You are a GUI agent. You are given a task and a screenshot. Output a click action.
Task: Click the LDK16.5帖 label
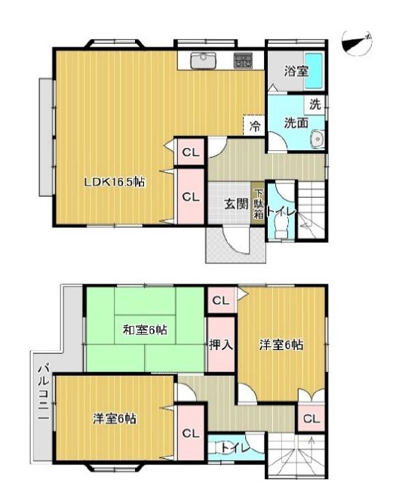[114, 183]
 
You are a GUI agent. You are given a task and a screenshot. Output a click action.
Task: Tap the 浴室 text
[296, 72]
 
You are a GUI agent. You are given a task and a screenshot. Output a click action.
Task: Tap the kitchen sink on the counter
[202, 60]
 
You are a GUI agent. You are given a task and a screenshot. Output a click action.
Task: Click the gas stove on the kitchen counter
[244, 60]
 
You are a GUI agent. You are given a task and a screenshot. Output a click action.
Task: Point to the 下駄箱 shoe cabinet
[259, 203]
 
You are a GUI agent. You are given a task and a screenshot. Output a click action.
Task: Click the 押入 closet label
[221, 345]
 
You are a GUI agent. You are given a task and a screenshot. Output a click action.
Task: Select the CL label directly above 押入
[220, 301]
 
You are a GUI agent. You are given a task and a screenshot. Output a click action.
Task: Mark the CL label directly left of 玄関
[191, 198]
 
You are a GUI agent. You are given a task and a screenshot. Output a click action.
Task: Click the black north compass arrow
[356, 42]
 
